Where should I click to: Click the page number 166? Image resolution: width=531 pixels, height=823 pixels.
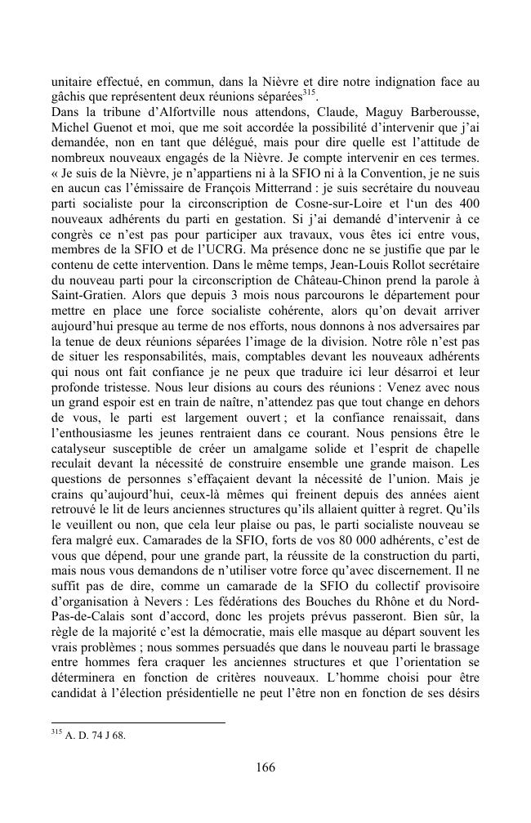[265, 767]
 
